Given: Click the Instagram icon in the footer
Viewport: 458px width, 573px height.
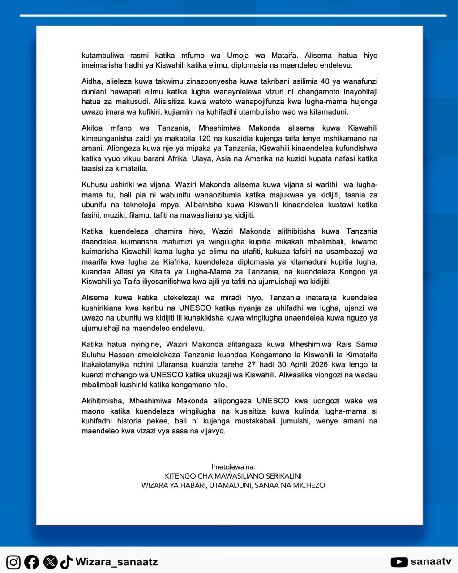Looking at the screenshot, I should pos(13,562).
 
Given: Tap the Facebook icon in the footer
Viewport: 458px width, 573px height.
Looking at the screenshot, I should pos(31,562).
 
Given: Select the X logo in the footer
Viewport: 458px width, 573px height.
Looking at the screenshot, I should pos(50,562).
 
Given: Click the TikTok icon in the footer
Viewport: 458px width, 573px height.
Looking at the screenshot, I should pos(66,562).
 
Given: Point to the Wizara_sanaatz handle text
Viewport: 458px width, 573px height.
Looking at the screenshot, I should pos(116,562).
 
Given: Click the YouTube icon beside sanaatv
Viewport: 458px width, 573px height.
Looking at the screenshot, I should pos(399,562).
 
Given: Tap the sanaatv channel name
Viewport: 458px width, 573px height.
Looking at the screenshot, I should pos(431,562).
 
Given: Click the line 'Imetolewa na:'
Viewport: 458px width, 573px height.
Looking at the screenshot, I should pos(233,466).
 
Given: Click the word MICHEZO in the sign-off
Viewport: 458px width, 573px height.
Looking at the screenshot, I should pos(309,485).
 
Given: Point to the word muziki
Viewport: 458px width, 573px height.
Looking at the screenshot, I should pos(116,215).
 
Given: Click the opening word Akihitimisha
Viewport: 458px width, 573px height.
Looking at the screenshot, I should pos(101,401).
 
